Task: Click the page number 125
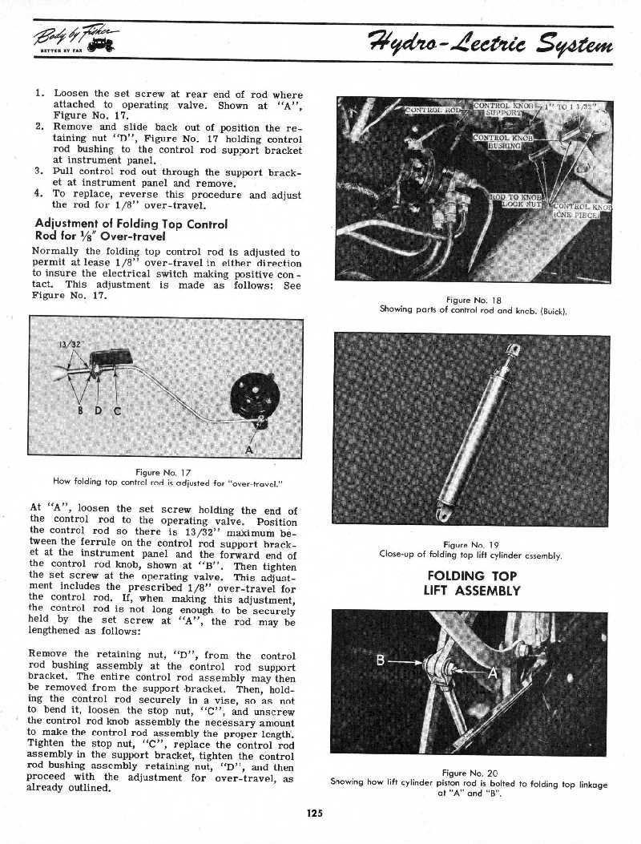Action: [313, 813]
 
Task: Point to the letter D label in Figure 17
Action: [97, 412]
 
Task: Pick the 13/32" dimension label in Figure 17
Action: [68, 346]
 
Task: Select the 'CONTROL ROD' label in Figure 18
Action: [433, 111]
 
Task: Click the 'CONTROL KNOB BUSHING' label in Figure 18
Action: [498, 142]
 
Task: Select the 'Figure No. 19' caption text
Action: [472, 544]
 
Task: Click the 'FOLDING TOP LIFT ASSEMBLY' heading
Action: [472, 584]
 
